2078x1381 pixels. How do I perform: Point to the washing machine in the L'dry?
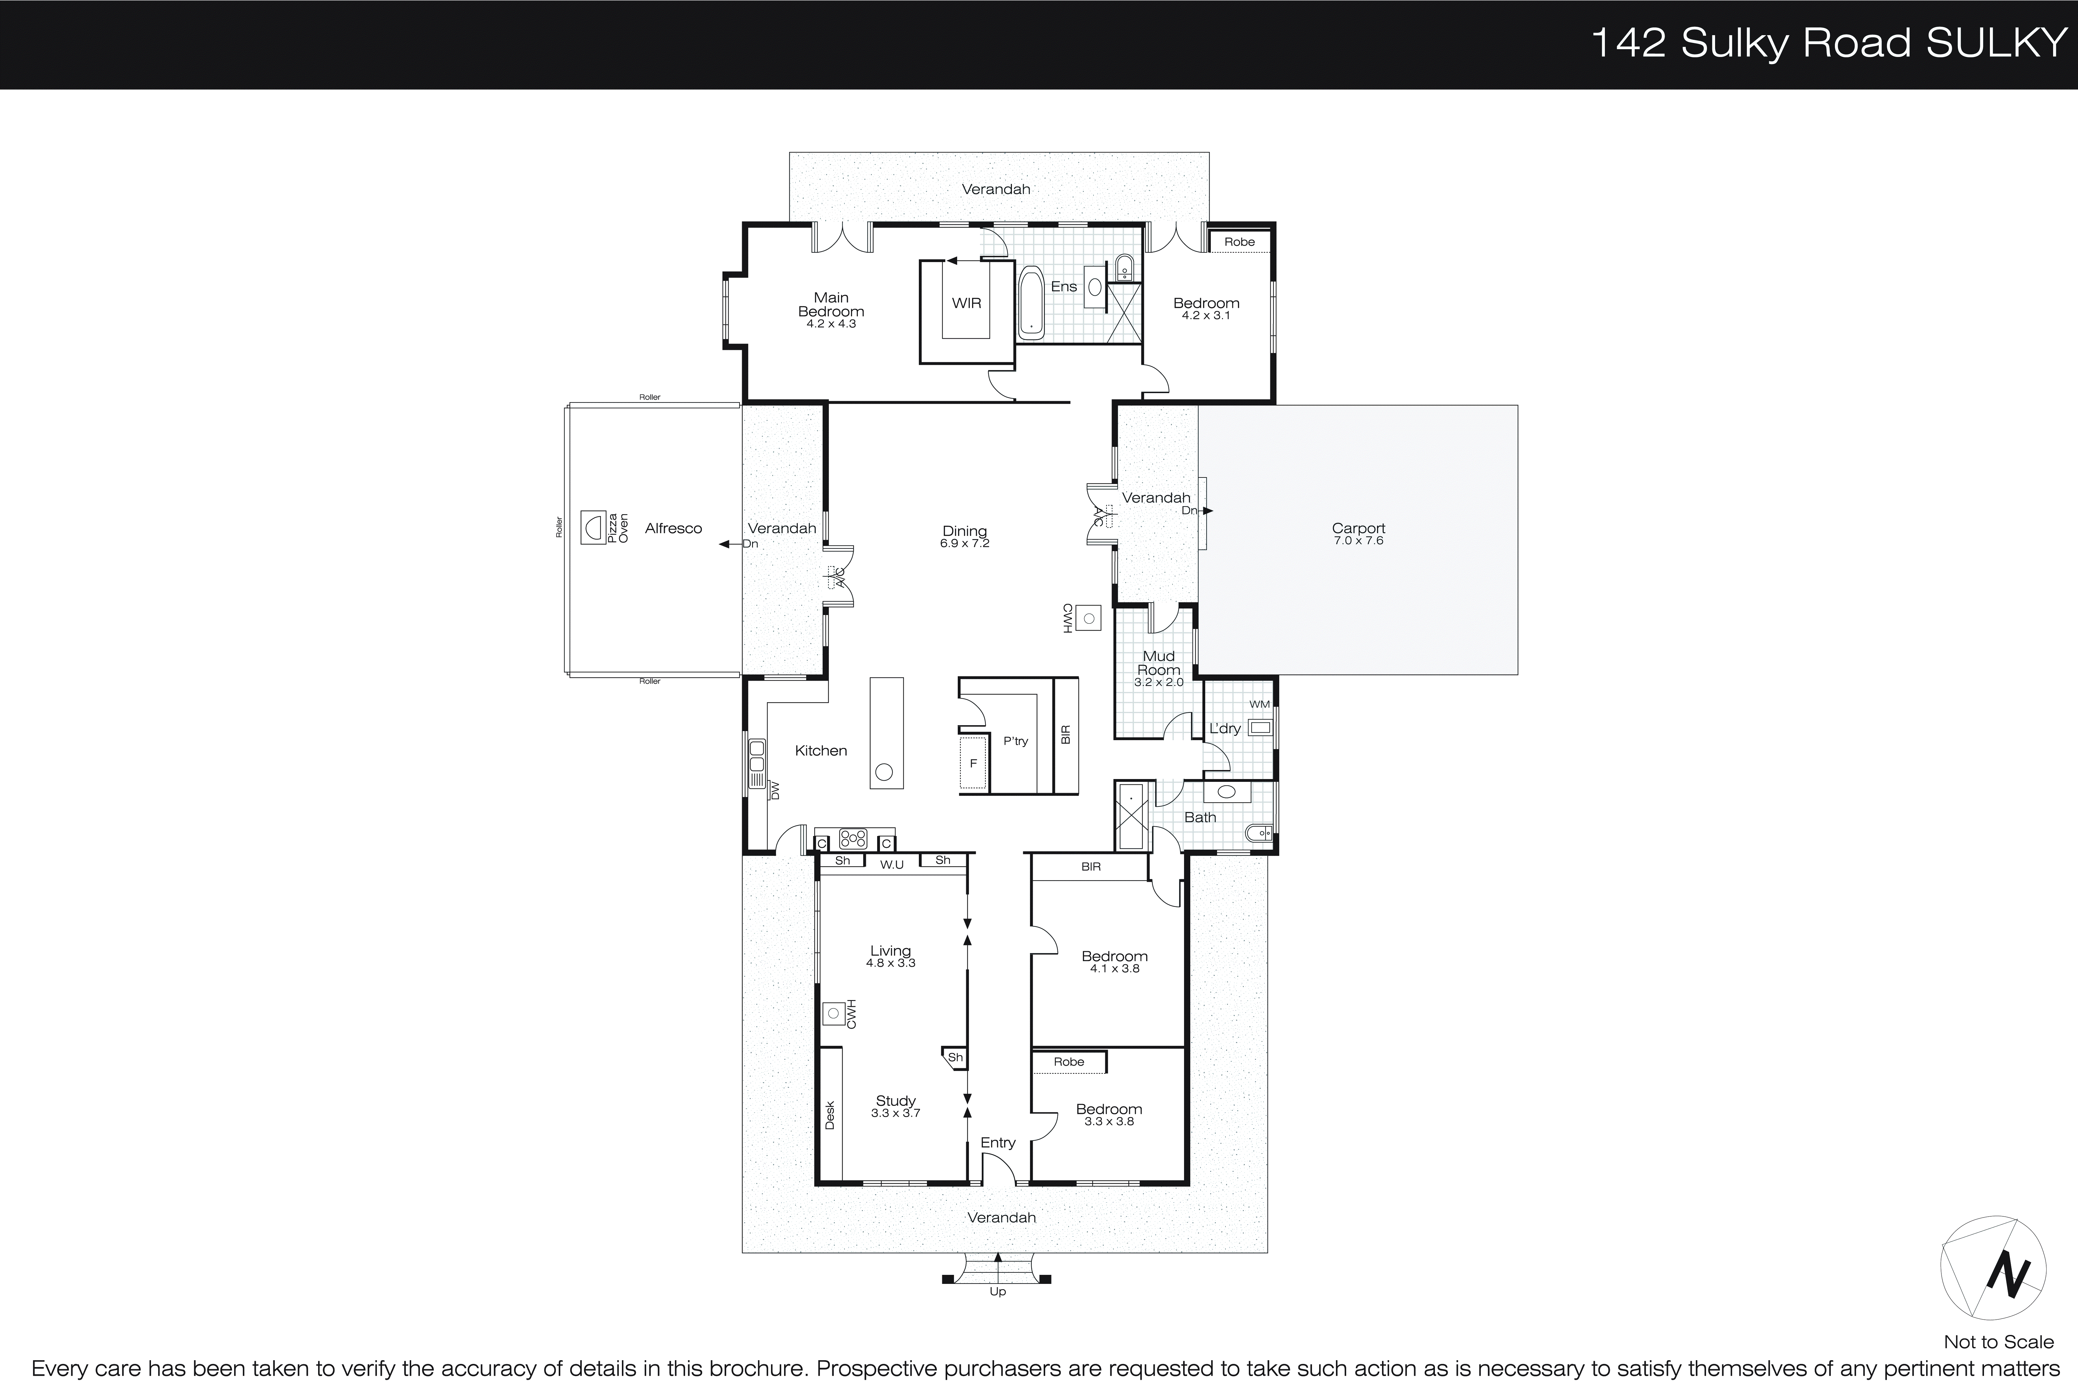click(x=1261, y=727)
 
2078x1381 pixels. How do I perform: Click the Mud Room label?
click(x=1158, y=662)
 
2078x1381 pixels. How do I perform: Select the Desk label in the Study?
click(x=829, y=1115)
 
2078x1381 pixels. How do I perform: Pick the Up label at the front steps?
click(x=997, y=1291)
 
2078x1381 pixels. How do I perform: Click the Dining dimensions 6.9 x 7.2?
click(x=965, y=543)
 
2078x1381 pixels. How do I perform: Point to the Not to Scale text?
click(x=1998, y=1342)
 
